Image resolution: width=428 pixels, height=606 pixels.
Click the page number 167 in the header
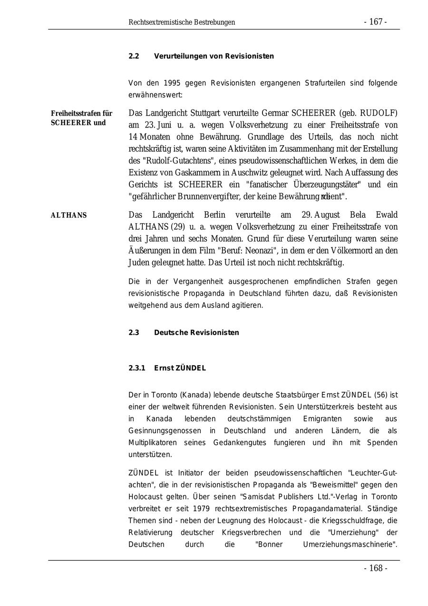point(376,22)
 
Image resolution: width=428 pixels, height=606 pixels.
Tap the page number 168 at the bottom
point(376,568)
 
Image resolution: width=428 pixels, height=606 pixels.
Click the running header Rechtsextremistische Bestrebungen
point(182,22)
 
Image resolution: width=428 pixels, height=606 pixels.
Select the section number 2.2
point(134,56)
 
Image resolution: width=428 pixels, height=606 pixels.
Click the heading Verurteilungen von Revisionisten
point(214,56)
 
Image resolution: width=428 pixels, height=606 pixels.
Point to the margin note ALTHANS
point(68,215)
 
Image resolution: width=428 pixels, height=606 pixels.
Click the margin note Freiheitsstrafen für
point(81,113)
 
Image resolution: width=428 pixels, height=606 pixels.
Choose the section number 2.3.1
point(136,368)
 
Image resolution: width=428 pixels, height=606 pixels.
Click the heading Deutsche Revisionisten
point(196,333)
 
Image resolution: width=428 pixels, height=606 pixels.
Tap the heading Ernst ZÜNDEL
point(180,368)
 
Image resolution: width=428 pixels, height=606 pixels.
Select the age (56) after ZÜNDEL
point(381,395)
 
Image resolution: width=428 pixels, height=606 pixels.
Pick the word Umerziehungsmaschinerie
point(350,544)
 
